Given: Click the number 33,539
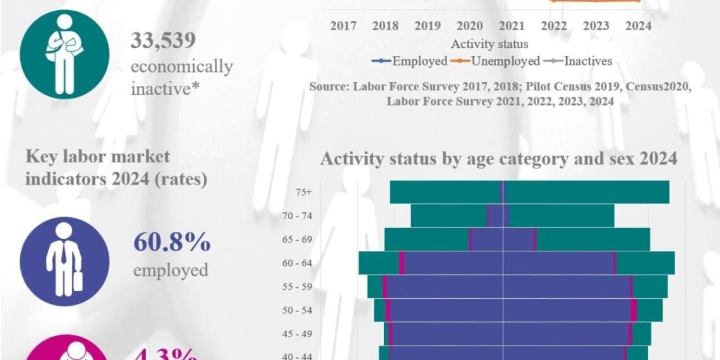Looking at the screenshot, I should pyautogui.click(x=163, y=40).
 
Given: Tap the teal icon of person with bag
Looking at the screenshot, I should pyautogui.click(x=64, y=54).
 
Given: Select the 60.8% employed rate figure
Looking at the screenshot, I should pyautogui.click(x=172, y=243).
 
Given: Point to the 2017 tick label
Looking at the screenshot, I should pyautogui.click(x=343, y=26).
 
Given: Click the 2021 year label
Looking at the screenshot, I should pyautogui.click(x=512, y=26).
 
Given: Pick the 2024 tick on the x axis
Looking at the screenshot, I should pyautogui.click(x=639, y=26).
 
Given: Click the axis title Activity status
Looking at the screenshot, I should pyautogui.click(x=489, y=44).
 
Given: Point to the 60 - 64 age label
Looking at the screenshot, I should pyautogui.click(x=297, y=263).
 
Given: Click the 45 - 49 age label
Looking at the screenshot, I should pyautogui.click(x=297, y=333).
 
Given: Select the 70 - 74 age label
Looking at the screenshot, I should pyautogui.click(x=297, y=216).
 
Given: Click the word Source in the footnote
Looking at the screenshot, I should pyautogui.click(x=328, y=87).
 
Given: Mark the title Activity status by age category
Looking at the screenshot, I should pyautogui.click(x=498, y=158).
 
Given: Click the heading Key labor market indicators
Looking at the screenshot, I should pyautogui.click(x=116, y=167).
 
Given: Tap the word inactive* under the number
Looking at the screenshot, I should pyautogui.click(x=162, y=89).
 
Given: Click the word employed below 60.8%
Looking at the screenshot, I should pyautogui.click(x=171, y=270).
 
